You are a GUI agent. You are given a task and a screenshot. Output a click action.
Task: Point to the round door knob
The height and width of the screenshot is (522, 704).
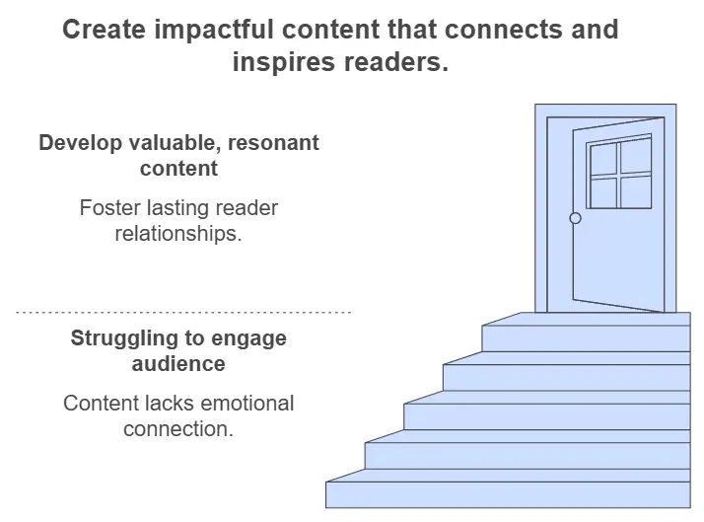(x=576, y=218)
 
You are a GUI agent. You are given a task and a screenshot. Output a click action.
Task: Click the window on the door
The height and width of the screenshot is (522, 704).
(x=620, y=174)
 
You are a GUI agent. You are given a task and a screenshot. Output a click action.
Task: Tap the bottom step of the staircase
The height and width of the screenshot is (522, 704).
(x=508, y=493)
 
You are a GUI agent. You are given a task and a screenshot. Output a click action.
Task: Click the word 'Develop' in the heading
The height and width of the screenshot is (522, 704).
(x=79, y=143)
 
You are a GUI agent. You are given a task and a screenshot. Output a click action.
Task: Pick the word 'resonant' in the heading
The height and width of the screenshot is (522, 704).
(x=273, y=143)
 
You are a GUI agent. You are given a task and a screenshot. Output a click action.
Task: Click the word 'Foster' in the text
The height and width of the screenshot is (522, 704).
(x=109, y=208)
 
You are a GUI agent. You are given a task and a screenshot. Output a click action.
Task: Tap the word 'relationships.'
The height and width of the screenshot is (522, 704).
(x=178, y=234)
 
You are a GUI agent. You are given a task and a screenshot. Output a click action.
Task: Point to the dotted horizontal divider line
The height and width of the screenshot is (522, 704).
(x=183, y=312)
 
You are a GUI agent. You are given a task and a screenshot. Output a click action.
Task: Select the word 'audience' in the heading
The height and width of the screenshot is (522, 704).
(x=178, y=364)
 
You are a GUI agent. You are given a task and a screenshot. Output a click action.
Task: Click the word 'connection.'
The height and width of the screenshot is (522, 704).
(x=178, y=429)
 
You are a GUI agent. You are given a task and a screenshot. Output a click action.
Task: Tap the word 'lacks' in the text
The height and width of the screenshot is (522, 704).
(x=161, y=404)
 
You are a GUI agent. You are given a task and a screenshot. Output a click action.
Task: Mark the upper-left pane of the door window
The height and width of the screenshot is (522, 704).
(x=603, y=160)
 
